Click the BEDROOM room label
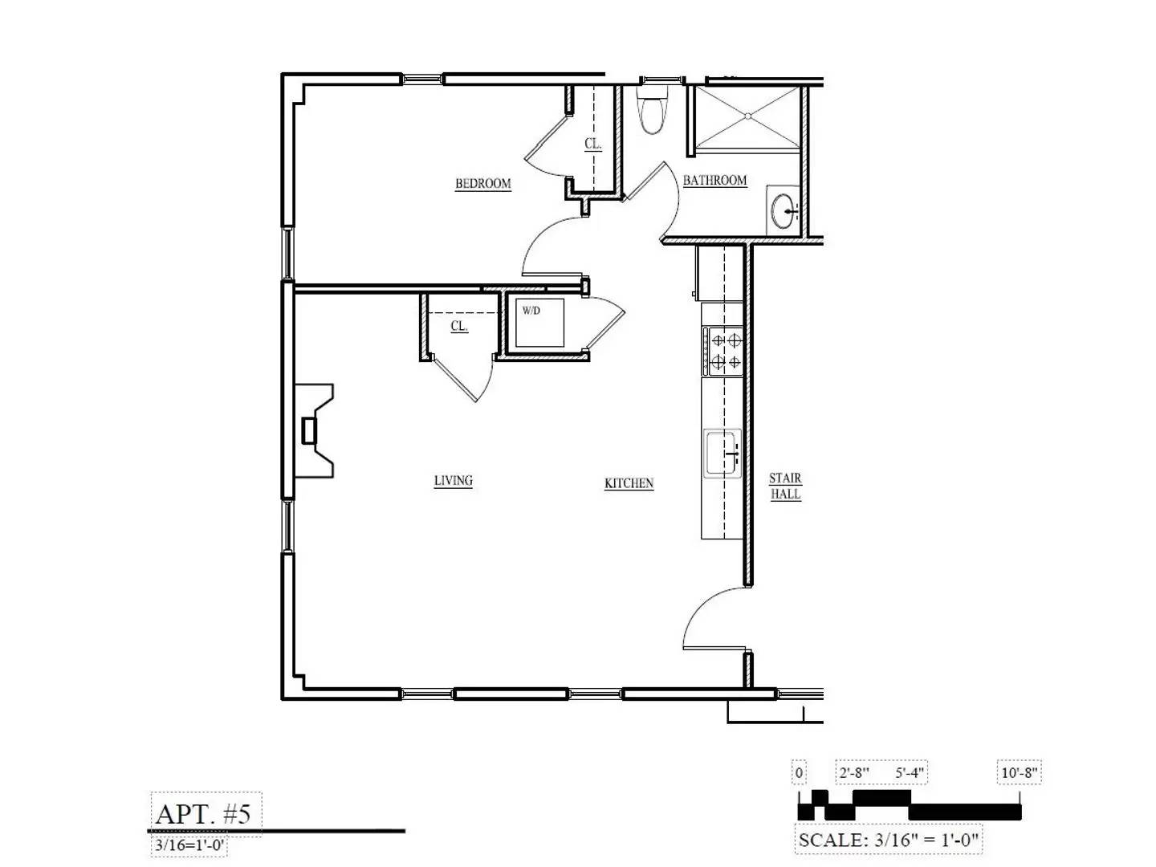(482, 184)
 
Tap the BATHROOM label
(714, 181)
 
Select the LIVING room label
(453, 481)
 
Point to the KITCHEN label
(629, 483)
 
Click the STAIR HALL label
(785, 486)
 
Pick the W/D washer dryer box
(539, 322)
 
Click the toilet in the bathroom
(651, 112)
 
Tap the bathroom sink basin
(784, 211)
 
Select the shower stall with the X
(747, 117)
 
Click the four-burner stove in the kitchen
(724, 351)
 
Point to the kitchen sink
(722, 454)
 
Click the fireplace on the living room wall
(315, 431)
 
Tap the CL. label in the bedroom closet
(592, 144)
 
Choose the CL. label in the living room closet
(458, 326)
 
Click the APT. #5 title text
(204, 814)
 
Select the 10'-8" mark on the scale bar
(1020, 773)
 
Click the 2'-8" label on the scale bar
(854, 773)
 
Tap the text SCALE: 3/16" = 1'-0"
(888, 841)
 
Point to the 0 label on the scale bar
(799, 773)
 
